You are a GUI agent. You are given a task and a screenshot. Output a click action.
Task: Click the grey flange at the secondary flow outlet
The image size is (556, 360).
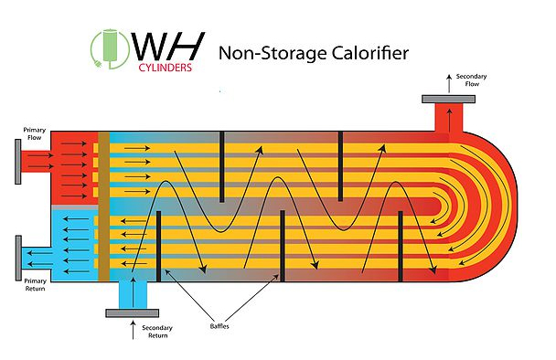pos(448,98)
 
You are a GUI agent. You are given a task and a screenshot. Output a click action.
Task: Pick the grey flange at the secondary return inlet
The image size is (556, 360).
pos(134,312)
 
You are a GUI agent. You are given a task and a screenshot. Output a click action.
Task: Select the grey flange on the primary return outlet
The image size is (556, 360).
pos(19,259)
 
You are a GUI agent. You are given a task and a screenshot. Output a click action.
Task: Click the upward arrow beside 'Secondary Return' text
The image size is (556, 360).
pos(134,332)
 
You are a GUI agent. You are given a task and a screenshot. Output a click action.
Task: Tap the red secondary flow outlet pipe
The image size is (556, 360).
pos(448,117)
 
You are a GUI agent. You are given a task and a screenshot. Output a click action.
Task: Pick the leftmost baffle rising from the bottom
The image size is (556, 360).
pos(159,246)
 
